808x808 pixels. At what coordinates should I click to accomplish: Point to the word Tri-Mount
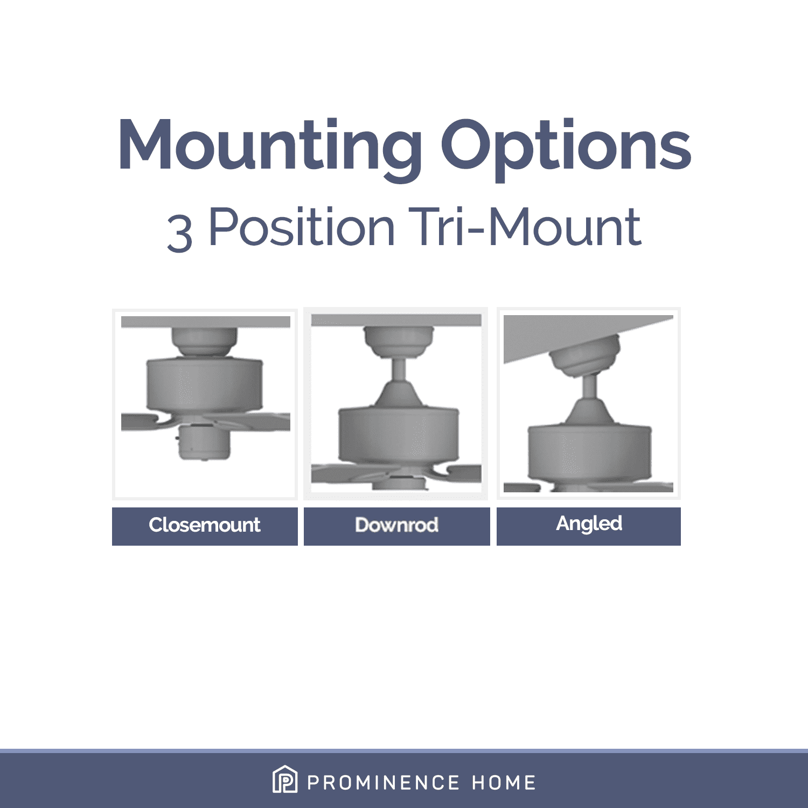point(525,227)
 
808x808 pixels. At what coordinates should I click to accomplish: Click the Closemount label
point(205,525)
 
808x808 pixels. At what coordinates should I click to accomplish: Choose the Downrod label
point(396,525)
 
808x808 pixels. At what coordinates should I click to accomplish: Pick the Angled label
point(589,524)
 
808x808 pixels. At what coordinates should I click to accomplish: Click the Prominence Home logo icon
point(285,779)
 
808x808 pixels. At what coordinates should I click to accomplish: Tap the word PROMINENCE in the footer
point(384,783)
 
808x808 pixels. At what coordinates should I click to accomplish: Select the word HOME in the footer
point(504,783)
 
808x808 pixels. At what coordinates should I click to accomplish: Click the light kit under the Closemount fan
point(204,442)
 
